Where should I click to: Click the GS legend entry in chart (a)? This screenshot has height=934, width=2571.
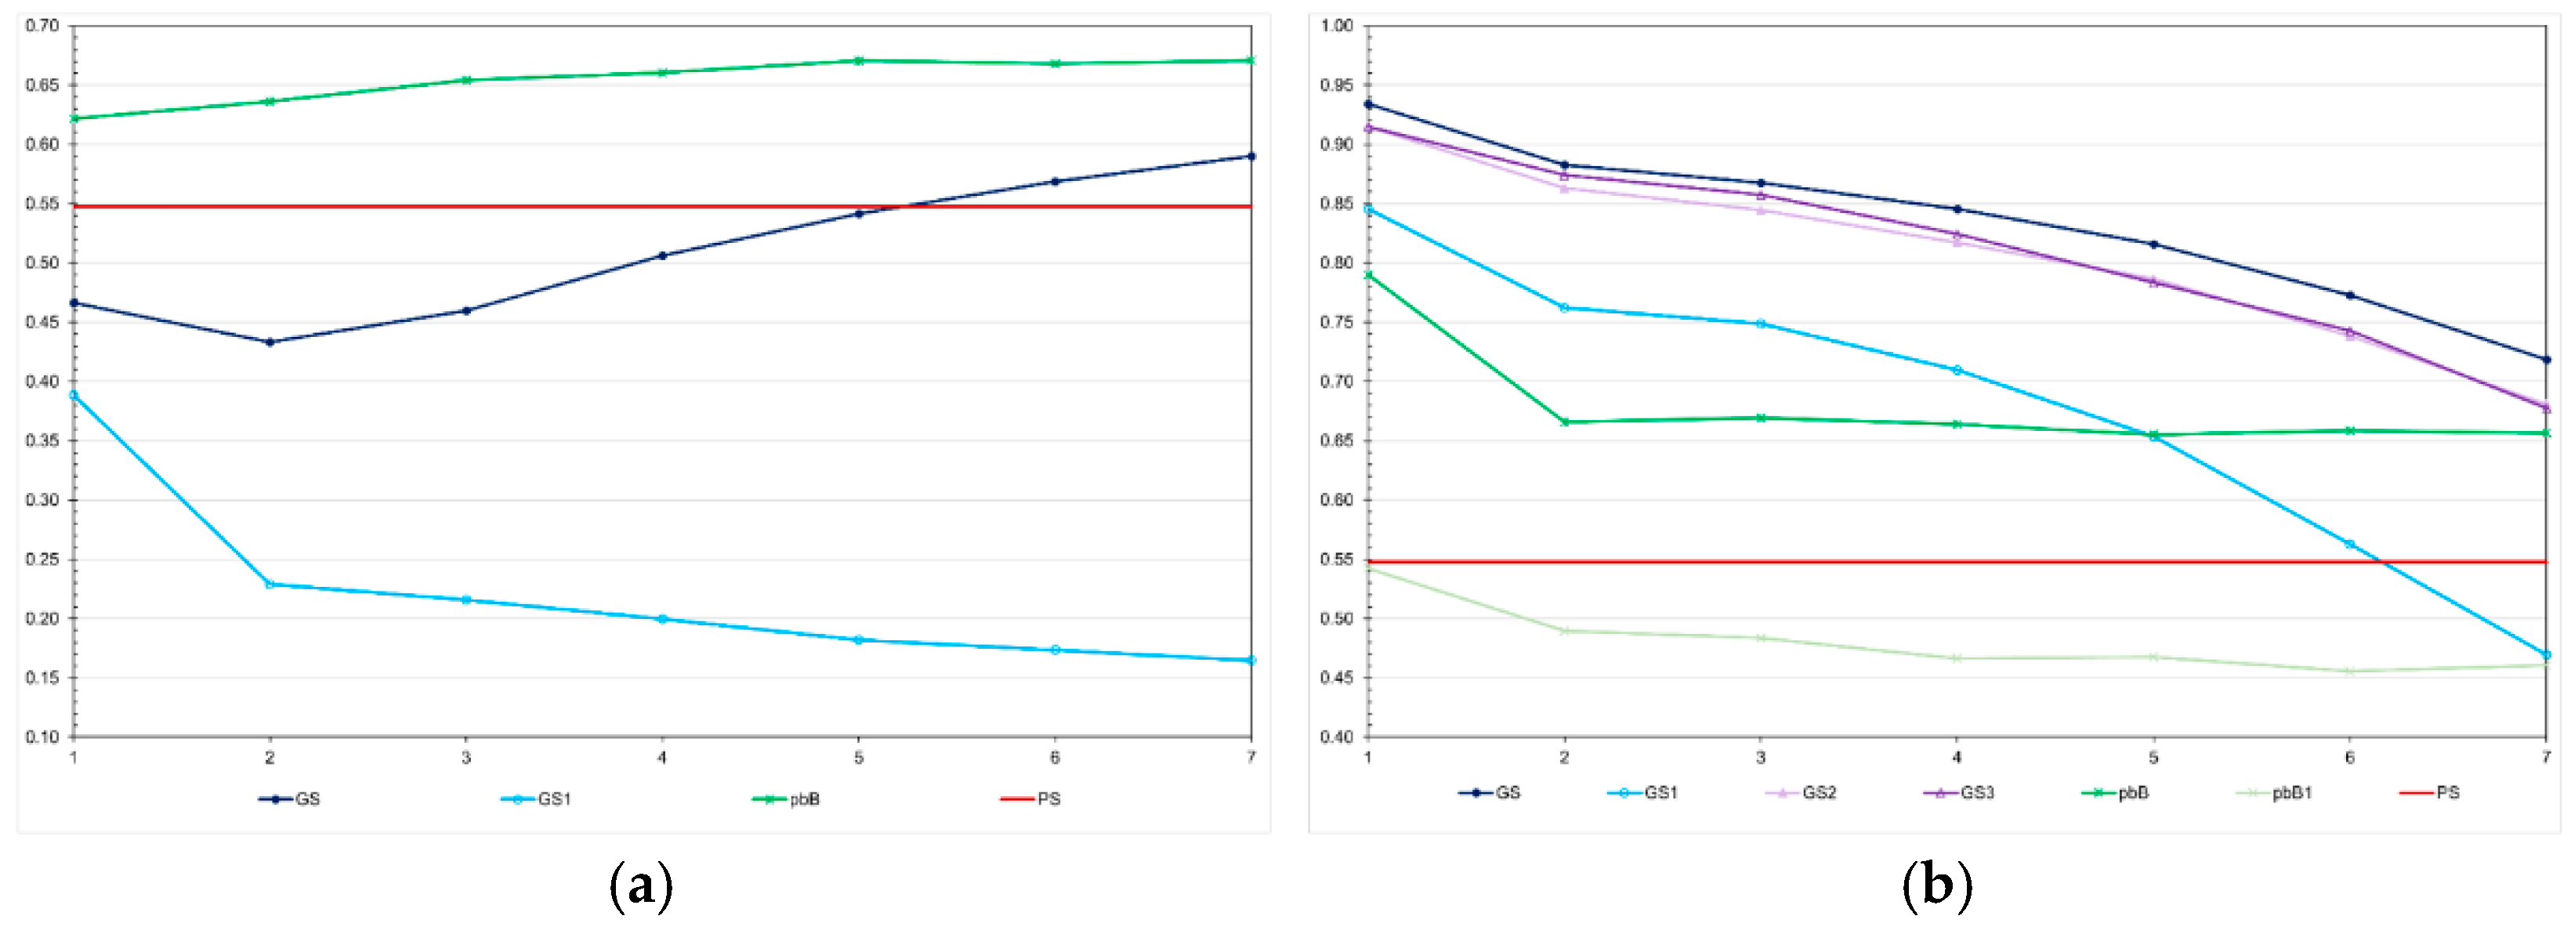pyautogui.click(x=291, y=799)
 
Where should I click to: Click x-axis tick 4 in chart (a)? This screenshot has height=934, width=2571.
pyautogui.click(x=661, y=758)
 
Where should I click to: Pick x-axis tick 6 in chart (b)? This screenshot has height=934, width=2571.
pyautogui.click(x=2349, y=758)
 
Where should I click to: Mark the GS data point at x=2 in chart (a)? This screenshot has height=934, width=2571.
pyautogui.click(x=270, y=342)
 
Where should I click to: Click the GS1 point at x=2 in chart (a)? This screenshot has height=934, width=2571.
pyautogui.click(x=270, y=584)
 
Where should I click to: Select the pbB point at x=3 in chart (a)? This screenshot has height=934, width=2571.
pyautogui.click(x=466, y=80)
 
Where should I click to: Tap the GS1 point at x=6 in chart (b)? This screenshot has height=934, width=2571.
pyautogui.click(x=2349, y=545)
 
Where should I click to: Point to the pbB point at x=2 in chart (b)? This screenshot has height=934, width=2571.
pyautogui.click(x=1564, y=422)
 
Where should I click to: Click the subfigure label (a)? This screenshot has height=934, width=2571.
pyautogui.click(x=641, y=886)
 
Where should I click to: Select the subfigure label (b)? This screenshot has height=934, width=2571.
pyautogui.click(x=1936, y=886)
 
